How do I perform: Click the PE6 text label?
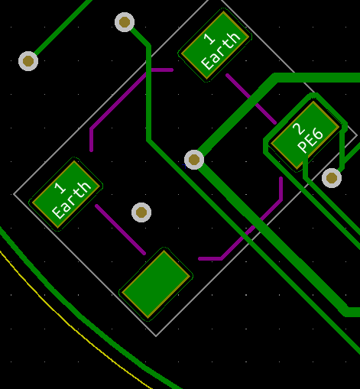(310, 143)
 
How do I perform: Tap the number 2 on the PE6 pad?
(299, 129)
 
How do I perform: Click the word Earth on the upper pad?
(221, 51)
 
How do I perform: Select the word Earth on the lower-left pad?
(72, 200)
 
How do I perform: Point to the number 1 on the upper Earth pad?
(210, 39)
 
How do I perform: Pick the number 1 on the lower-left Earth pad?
(60, 188)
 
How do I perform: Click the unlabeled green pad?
(156, 284)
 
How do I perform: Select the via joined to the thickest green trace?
(194, 160)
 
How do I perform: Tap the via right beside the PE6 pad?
(332, 178)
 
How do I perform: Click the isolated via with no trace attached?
(141, 212)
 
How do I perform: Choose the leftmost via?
(28, 61)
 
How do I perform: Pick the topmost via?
(125, 22)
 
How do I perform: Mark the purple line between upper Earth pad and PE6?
(251, 99)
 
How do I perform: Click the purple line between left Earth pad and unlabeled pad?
(120, 229)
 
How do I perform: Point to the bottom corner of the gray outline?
(156, 336)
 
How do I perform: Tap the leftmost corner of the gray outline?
(14, 194)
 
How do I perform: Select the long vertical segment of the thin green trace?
(148, 93)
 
